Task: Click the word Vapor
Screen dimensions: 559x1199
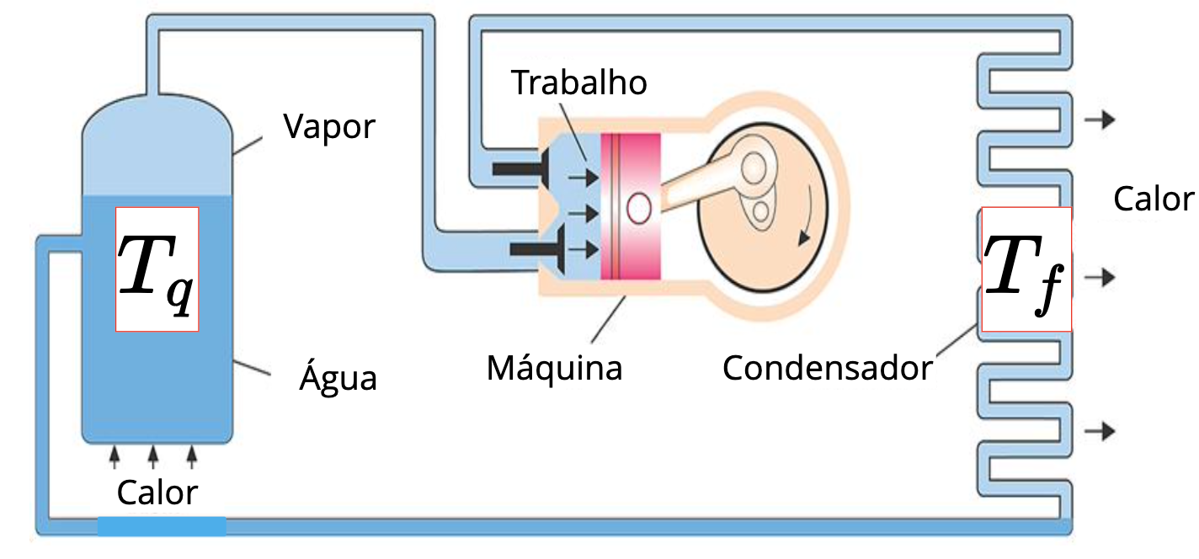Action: [329, 127]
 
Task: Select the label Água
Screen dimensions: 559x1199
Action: [338, 379]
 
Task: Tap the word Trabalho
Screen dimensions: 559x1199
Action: [580, 83]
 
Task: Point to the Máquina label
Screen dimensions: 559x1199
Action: [554, 368]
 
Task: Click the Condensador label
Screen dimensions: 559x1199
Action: [828, 368]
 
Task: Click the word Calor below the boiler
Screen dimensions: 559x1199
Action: [157, 492]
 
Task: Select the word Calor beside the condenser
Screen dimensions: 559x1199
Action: [1154, 200]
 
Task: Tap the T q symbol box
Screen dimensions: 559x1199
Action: [157, 269]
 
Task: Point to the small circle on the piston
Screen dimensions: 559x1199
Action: [639, 208]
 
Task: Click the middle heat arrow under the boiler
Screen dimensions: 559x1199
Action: [153, 457]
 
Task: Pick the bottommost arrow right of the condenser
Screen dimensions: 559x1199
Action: [1100, 431]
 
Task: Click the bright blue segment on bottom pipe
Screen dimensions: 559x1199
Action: [162, 526]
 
